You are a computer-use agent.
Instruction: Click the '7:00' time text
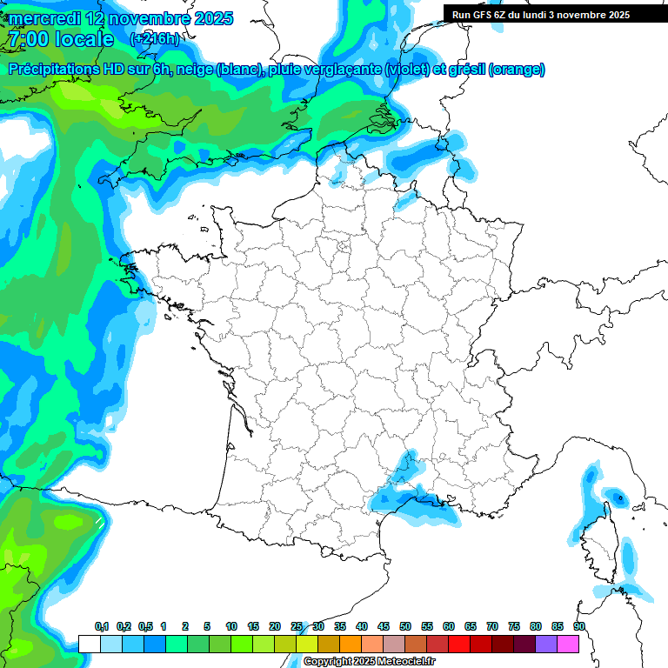tap(28, 40)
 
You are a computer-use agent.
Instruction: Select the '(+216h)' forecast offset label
tap(155, 39)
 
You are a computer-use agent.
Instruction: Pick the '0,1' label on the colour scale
tap(102, 627)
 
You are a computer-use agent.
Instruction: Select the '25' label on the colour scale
tap(297, 627)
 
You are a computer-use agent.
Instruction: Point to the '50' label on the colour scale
tap(405, 627)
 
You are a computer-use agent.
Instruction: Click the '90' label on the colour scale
tap(579, 627)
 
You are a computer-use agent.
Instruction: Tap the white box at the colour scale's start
tap(89, 644)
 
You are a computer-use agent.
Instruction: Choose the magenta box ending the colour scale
tap(568, 644)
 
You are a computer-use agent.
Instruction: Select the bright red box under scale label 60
tap(459, 644)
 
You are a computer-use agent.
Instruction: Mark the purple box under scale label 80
tap(546, 644)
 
